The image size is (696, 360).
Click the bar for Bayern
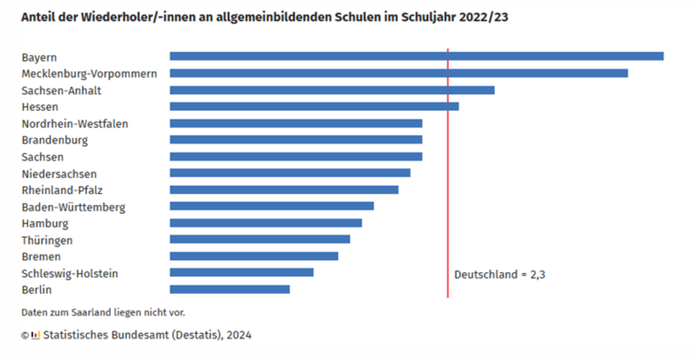click(x=416, y=56)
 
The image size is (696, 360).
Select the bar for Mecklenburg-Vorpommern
click(x=399, y=73)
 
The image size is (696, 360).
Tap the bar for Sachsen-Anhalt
click(x=332, y=90)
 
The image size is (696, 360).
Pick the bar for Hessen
click(x=314, y=106)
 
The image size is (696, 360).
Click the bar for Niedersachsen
click(x=290, y=173)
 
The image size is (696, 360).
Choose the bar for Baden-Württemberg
click(x=272, y=206)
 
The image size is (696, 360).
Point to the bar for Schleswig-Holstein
click(x=241, y=272)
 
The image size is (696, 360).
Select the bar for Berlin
click(x=229, y=289)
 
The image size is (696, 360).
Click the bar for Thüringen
click(x=259, y=239)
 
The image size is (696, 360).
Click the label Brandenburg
click(x=54, y=141)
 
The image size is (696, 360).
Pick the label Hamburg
click(x=44, y=223)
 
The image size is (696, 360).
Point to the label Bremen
click(x=41, y=257)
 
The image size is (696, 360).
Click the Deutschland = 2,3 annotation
click(x=499, y=274)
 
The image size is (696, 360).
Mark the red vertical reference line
click(x=448, y=181)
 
